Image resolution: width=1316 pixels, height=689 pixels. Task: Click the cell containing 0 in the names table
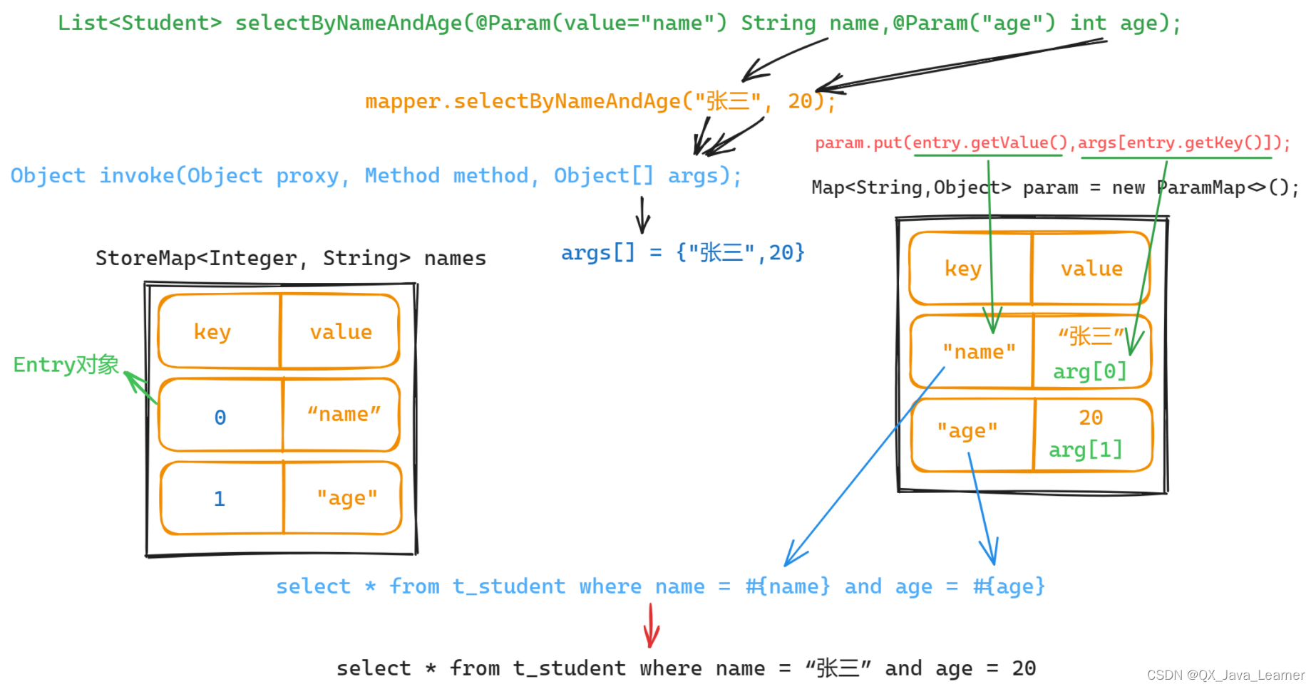(x=220, y=417)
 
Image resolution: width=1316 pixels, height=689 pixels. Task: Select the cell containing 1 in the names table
(x=220, y=498)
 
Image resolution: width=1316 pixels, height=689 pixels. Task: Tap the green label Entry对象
(x=66, y=365)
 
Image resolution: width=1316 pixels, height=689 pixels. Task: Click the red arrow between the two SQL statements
(x=651, y=626)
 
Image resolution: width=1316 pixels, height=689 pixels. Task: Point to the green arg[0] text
(x=1089, y=371)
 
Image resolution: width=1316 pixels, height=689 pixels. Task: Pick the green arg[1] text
(x=1085, y=450)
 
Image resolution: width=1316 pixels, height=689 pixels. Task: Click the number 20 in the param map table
(x=1091, y=418)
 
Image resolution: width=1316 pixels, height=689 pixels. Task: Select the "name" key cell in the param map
(x=978, y=352)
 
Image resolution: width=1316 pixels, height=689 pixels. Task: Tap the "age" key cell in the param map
(x=967, y=431)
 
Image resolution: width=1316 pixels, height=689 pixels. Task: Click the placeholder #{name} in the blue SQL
(x=788, y=586)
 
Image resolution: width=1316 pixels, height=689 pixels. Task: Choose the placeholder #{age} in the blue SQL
(x=1009, y=586)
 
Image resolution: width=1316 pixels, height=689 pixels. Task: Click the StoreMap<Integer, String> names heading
(x=290, y=258)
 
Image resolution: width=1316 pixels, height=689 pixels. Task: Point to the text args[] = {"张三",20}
(x=682, y=252)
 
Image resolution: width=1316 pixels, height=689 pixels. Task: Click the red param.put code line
(x=1052, y=143)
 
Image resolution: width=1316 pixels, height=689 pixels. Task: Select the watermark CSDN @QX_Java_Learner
(x=1225, y=675)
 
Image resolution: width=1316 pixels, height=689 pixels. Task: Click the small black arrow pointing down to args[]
(x=643, y=215)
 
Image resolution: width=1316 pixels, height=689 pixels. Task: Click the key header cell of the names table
(x=212, y=332)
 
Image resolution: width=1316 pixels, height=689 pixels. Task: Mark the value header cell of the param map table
(x=1091, y=269)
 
